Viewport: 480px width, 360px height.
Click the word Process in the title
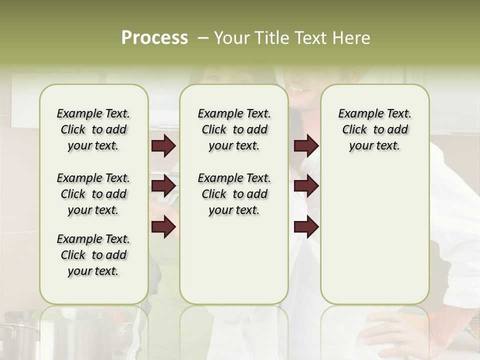(x=154, y=38)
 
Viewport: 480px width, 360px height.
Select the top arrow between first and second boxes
(x=163, y=146)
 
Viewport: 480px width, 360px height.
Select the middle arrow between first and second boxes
(x=163, y=186)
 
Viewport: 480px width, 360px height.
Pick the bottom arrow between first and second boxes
(x=163, y=227)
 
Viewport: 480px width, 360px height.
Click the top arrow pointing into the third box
(x=306, y=146)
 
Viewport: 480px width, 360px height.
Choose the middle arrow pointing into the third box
(x=306, y=186)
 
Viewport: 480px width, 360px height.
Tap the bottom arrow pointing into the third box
(x=306, y=227)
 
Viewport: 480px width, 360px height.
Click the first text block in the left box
(x=93, y=129)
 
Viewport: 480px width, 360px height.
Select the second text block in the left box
(x=93, y=194)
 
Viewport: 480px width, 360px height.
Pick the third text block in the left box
(x=93, y=255)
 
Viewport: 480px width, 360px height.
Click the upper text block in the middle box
(x=234, y=129)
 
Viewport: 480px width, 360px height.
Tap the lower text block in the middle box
(x=234, y=194)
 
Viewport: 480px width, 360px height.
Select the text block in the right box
(x=374, y=129)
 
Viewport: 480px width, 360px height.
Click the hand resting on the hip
(x=395, y=332)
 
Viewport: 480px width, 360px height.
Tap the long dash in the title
(x=202, y=38)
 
